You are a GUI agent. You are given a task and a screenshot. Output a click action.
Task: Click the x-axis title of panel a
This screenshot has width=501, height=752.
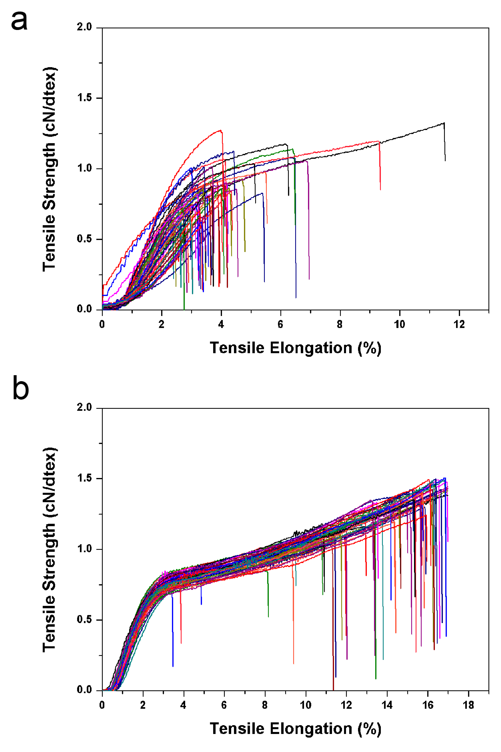coord(296,348)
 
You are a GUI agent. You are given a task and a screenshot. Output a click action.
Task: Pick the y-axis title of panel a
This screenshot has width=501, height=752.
coord(50,169)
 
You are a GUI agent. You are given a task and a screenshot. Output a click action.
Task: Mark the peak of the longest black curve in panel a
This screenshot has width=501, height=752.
coord(444,123)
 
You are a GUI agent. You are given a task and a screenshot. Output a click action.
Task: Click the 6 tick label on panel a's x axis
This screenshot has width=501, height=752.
coord(280,325)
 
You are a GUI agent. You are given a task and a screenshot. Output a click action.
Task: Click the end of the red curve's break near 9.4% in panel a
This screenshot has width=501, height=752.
coord(380,190)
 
